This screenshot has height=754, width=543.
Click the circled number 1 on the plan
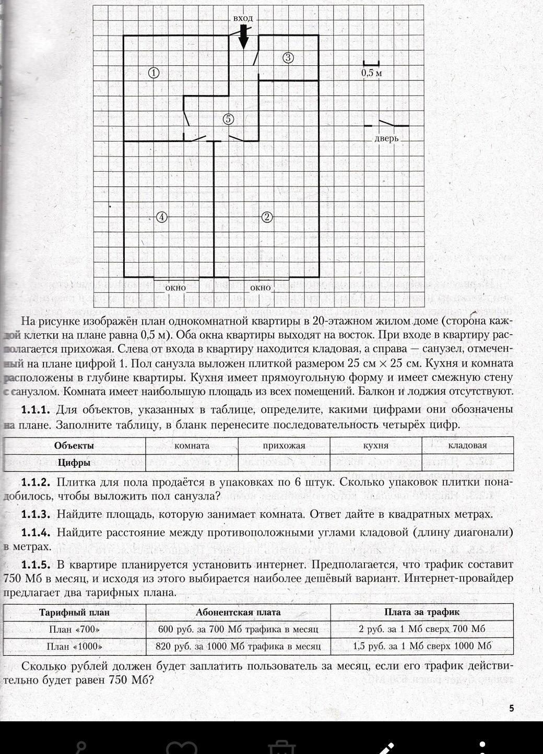[154, 73]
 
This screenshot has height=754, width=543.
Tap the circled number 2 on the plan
[267, 217]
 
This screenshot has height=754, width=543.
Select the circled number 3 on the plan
[288, 58]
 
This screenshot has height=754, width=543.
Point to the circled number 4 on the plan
[162, 217]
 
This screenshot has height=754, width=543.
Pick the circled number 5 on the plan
[228, 119]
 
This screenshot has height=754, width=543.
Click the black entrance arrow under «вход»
[243, 38]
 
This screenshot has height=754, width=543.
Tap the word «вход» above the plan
[243, 18]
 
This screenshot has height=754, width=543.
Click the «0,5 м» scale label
[371, 73]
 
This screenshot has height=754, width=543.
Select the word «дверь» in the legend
[386, 138]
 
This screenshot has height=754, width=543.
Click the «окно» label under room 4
[175, 287]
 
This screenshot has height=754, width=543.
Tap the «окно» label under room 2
[261, 287]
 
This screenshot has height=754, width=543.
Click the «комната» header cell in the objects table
[192, 445]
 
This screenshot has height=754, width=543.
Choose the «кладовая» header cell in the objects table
[467, 445]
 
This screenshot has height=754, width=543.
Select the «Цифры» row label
[74, 463]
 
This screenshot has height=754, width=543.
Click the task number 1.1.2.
[36, 482]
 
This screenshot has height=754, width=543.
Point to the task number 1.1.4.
[36, 533]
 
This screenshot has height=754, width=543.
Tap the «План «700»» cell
[74, 629]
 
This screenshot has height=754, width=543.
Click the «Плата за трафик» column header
[422, 612]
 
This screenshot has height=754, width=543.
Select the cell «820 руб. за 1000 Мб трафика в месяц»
[238, 646]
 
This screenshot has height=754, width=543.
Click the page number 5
[511, 708]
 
